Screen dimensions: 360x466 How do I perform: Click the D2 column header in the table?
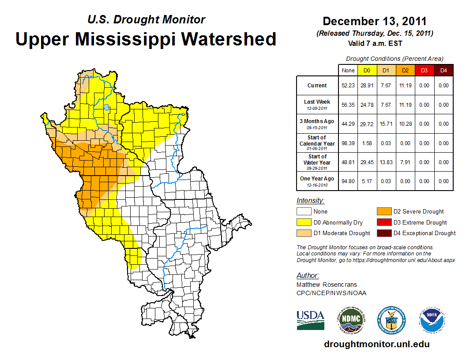pos(405,70)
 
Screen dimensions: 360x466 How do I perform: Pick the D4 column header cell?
pos(443,70)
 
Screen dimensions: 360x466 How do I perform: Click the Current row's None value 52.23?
pos(348,86)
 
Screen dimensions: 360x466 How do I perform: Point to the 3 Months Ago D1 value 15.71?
pos(386,124)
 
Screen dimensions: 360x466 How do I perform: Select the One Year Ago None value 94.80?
pos(348,181)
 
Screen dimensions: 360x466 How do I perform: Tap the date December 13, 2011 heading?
pos(375,21)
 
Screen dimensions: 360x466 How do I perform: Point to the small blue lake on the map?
pos(106,107)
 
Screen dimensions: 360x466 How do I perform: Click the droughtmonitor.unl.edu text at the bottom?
pos(376,344)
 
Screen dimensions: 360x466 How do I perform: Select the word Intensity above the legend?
pos(310,201)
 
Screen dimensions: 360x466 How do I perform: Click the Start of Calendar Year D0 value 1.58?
pos(367,143)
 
